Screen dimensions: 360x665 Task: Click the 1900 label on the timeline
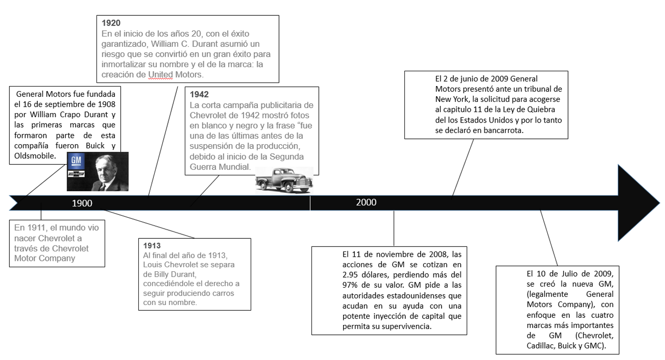click(x=82, y=203)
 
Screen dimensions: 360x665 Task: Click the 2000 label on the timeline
click(x=366, y=202)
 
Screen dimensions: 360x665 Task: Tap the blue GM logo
click(x=76, y=161)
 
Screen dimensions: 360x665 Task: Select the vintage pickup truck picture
click(x=284, y=179)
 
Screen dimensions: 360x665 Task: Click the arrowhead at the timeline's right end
click(x=638, y=203)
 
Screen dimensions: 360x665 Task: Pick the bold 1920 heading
click(x=111, y=23)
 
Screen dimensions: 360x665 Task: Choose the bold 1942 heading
click(x=199, y=95)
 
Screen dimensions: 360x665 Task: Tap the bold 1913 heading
click(x=152, y=246)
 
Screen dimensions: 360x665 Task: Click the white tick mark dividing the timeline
click(x=310, y=203)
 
